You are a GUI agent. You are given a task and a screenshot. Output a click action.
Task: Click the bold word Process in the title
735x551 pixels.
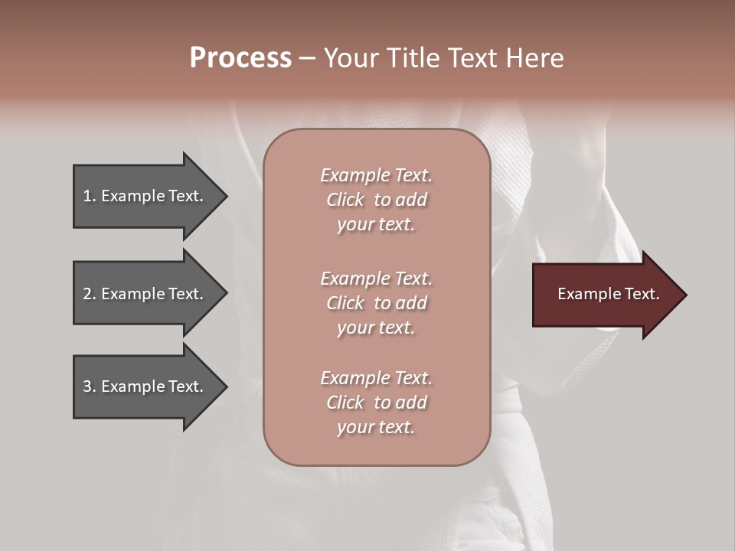click(240, 58)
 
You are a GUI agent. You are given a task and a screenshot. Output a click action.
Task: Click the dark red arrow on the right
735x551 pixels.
click(605, 294)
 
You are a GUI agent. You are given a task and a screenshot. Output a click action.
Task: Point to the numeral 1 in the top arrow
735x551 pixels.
click(87, 196)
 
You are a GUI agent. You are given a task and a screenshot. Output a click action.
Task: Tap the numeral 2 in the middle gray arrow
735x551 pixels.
click(87, 294)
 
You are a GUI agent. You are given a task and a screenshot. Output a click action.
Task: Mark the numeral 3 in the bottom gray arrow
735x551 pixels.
click(87, 386)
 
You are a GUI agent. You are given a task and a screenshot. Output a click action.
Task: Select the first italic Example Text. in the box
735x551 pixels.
click(376, 175)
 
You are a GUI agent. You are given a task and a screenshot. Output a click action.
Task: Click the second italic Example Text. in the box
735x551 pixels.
click(376, 278)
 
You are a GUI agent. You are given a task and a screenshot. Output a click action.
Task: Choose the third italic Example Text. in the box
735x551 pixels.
click(376, 378)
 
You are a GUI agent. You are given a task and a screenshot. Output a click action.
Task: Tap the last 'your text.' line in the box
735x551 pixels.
click(376, 427)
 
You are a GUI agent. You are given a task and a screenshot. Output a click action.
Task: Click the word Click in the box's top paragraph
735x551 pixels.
click(345, 200)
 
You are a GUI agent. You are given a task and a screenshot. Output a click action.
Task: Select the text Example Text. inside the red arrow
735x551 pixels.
click(608, 294)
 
